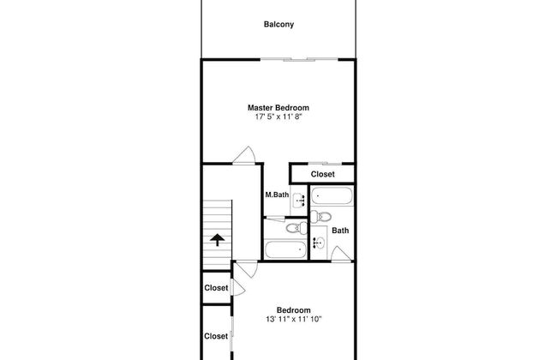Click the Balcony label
(x=278, y=25)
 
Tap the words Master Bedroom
(x=278, y=108)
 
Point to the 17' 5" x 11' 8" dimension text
(x=278, y=117)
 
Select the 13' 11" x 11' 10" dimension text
(x=293, y=319)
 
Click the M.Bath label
(x=277, y=195)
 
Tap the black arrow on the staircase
(x=217, y=240)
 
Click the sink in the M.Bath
(x=299, y=201)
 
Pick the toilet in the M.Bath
(x=296, y=228)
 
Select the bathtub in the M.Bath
(x=285, y=249)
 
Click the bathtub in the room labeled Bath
(x=332, y=195)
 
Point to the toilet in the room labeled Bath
(x=320, y=216)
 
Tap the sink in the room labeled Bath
(x=319, y=243)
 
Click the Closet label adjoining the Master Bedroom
(x=322, y=174)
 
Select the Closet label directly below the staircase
(x=216, y=288)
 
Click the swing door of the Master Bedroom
(x=244, y=156)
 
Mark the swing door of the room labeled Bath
(x=341, y=254)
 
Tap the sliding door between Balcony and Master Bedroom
(x=299, y=59)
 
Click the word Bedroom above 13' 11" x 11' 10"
(x=293, y=310)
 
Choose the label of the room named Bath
(x=340, y=231)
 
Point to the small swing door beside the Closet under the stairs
(x=238, y=288)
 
